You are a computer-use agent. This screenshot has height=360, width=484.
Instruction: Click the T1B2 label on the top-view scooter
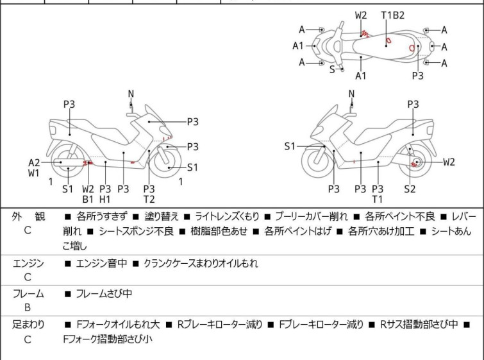393,15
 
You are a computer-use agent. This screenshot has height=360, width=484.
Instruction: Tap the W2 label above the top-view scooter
361,15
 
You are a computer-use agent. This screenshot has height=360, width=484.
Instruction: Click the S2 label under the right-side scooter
410,189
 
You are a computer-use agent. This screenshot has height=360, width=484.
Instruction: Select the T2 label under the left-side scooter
149,200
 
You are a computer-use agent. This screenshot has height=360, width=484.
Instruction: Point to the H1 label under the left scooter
106,200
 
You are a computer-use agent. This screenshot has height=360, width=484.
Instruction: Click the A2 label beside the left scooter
34,162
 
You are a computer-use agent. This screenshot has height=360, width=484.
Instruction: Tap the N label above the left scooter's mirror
131,94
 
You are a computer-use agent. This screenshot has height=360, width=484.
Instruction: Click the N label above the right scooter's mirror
351,94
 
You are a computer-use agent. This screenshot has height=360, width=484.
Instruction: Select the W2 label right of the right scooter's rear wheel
448,162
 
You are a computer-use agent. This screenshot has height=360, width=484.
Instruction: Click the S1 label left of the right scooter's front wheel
290,146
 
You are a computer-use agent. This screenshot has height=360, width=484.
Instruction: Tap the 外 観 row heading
28,217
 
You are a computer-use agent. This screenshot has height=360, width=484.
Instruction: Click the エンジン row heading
28,263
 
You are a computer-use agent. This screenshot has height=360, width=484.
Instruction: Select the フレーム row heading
28,294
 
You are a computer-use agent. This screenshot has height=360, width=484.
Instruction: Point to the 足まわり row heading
28,325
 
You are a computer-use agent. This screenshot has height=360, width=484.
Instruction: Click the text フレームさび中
104,294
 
